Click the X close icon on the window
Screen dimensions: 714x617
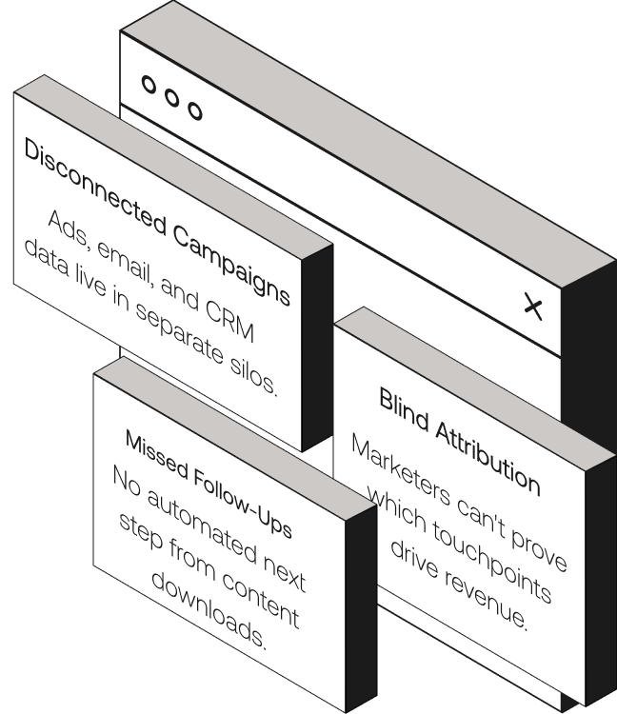tap(534, 307)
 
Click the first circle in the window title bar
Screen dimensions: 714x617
tap(149, 85)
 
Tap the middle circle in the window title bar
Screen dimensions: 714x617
tap(172, 97)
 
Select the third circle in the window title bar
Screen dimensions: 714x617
tap(195, 110)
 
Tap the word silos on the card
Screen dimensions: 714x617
tap(254, 378)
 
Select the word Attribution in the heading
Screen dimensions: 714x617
tap(490, 459)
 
